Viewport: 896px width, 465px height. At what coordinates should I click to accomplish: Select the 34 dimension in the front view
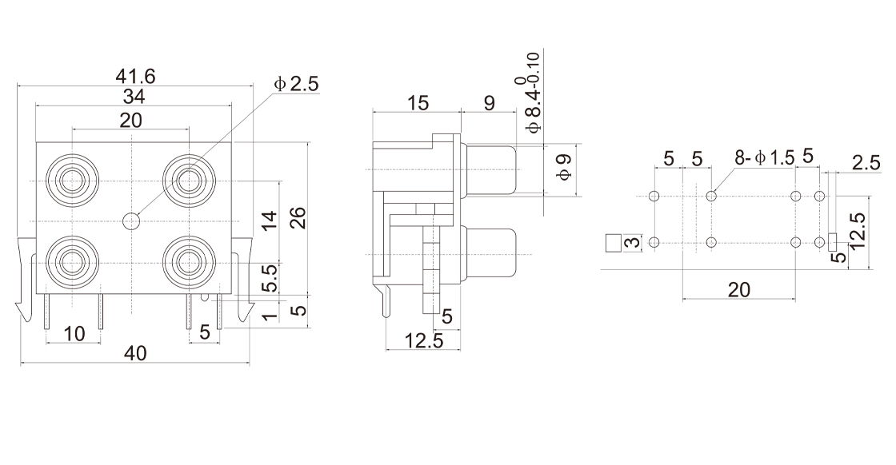pyautogui.click(x=132, y=97)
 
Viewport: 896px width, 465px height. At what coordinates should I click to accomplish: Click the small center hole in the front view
pyautogui.click(x=130, y=221)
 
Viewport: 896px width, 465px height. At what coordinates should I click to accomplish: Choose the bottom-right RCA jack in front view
pyautogui.click(x=189, y=260)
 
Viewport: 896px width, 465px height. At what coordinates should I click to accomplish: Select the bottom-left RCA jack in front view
pyautogui.click(x=72, y=260)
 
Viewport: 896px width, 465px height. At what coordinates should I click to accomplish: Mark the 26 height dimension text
pyautogui.click(x=298, y=217)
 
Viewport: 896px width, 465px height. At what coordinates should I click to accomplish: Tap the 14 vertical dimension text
pyautogui.click(x=270, y=221)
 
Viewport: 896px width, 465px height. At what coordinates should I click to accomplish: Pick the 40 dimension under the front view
pyautogui.click(x=134, y=354)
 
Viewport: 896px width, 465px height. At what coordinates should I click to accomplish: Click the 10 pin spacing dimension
pyautogui.click(x=74, y=334)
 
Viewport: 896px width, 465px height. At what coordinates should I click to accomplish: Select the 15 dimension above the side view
pyautogui.click(x=418, y=103)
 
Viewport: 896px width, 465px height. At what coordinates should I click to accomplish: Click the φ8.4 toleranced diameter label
pyautogui.click(x=532, y=92)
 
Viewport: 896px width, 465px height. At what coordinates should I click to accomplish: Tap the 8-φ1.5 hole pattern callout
pyautogui.click(x=764, y=158)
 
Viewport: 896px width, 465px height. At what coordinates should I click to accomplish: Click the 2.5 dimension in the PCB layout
pyautogui.click(x=866, y=163)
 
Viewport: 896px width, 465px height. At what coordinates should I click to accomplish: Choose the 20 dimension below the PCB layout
pyautogui.click(x=738, y=289)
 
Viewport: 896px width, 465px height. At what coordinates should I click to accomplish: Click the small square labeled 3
pyautogui.click(x=614, y=242)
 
